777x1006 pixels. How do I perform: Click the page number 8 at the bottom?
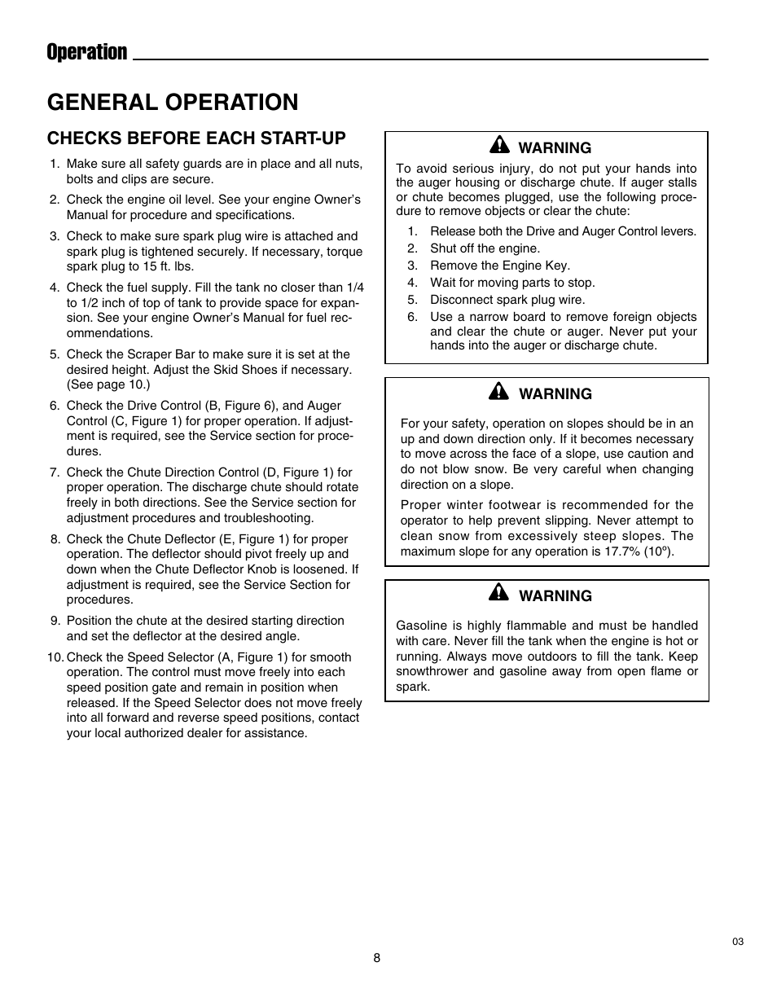377,958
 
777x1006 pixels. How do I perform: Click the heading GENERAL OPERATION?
173,102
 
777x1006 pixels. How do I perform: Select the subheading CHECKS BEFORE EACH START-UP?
196,137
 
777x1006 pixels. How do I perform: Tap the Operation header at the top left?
87,53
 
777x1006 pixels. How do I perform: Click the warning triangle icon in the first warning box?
498,146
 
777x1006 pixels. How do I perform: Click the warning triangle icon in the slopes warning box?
498,392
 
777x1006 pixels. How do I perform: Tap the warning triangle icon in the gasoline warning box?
498,594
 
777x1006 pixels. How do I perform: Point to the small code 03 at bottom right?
738,942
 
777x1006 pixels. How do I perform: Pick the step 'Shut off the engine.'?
485,248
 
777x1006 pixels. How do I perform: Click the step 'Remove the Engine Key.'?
499,266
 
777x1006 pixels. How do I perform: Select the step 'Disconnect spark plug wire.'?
507,300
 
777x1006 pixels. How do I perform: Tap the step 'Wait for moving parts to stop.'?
512,283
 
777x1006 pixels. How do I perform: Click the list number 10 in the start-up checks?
55,657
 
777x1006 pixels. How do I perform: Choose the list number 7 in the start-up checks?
55,472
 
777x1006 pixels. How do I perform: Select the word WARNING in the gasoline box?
555,596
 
